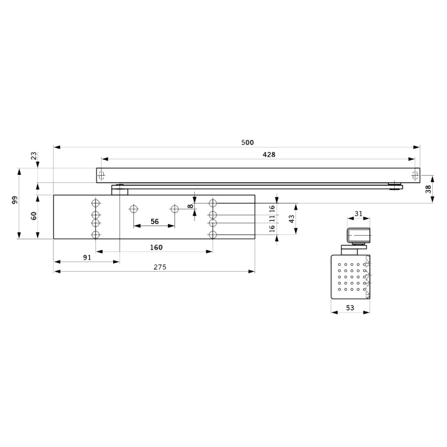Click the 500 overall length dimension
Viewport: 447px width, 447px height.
(247, 142)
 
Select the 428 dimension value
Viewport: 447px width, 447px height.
(269, 154)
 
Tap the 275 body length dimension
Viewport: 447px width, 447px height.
(160, 267)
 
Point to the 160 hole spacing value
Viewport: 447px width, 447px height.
(156, 248)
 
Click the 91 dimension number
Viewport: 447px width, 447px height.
(87, 257)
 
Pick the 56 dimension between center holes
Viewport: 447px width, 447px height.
(154, 221)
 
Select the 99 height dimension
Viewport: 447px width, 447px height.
(15, 200)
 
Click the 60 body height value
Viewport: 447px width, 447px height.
(34, 216)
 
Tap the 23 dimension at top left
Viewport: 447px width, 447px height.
(34, 156)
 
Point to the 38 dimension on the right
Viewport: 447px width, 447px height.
(428, 189)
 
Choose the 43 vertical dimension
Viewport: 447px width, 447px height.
(292, 219)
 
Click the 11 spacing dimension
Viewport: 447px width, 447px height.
(272, 219)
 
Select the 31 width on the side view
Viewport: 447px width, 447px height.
(358, 214)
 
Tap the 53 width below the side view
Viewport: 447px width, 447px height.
(350, 308)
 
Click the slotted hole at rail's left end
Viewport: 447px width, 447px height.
(101, 175)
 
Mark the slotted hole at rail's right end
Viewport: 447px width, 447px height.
(415, 175)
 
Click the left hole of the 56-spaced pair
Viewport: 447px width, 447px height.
(134, 209)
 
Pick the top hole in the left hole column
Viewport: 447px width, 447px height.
(95, 203)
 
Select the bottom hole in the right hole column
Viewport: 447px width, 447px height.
(213, 235)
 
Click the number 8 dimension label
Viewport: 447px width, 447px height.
(190, 206)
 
